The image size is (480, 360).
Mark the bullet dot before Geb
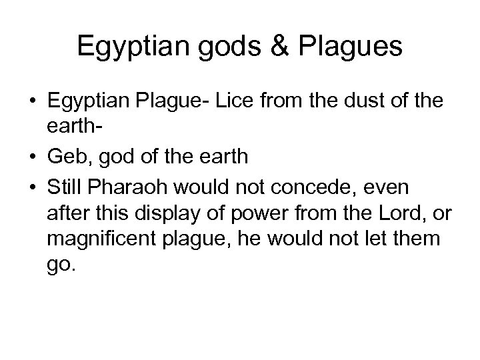[33, 158]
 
